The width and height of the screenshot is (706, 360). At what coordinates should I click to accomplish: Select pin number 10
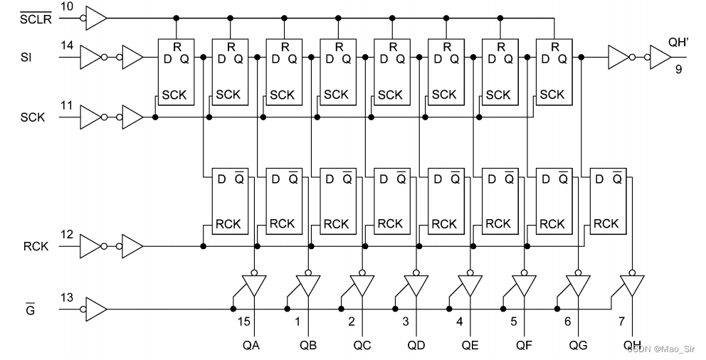[66, 6]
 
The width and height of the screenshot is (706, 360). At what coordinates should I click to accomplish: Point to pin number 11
[66, 105]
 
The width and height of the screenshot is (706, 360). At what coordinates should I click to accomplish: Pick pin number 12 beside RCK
[66, 235]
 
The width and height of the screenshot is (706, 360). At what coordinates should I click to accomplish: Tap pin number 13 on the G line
[66, 297]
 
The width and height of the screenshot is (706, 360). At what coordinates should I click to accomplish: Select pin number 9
[679, 70]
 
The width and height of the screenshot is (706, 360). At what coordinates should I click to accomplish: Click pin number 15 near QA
[244, 322]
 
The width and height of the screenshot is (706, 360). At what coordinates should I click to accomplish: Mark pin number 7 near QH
[622, 322]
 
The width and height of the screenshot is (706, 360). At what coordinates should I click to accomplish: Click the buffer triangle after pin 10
[96, 18]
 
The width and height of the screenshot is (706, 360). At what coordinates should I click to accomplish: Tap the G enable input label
[30, 310]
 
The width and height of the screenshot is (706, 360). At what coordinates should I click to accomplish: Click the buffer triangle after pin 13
[96, 309]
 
